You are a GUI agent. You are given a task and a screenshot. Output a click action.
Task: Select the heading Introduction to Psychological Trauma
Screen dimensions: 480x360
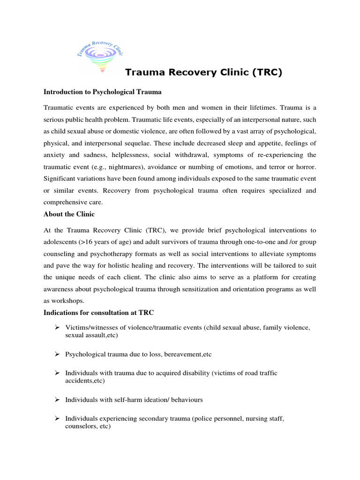click(103, 92)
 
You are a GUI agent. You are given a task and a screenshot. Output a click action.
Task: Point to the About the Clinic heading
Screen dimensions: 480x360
click(69, 214)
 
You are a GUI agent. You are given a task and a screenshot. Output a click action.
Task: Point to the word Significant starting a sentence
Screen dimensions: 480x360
click(60, 178)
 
